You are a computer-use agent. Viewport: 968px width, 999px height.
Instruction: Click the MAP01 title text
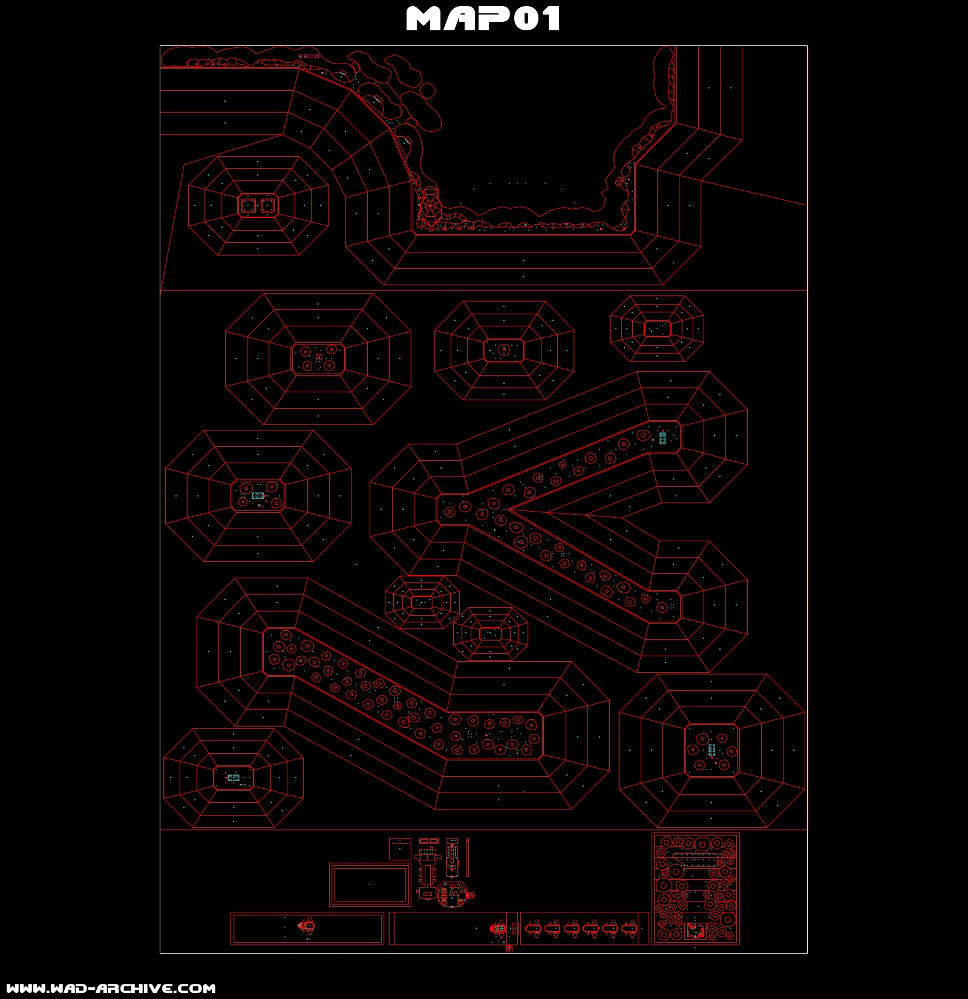point(483,19)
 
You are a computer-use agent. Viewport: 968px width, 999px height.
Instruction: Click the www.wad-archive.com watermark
point(111,988)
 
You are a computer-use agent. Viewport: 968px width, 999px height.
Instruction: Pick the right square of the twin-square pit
point(267,206)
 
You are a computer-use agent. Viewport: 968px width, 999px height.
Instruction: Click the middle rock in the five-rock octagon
point(319,357)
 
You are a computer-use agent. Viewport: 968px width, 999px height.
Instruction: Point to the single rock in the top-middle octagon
point(504,349)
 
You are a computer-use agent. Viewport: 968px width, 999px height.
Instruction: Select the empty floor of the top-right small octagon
point(657,329)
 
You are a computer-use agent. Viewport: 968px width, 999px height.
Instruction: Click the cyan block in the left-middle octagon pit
point(258,495)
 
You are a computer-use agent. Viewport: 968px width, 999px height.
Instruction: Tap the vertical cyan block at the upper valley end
point(662,438)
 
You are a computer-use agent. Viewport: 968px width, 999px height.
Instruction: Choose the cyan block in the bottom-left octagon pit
point(233,777)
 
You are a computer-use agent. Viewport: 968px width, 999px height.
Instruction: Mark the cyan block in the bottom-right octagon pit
point(711,750)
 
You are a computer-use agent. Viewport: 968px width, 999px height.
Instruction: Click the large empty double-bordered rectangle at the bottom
point(370,885)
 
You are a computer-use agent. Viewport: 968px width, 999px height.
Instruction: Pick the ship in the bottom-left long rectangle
point(307,926)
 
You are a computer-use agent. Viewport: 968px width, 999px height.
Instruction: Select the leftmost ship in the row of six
point(533,928)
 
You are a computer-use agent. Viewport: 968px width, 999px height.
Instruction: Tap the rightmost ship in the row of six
point(629,928)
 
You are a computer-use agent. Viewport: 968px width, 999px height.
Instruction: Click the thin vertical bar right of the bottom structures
point(467,857)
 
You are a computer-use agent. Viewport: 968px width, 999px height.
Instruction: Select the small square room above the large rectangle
point(400,849)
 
